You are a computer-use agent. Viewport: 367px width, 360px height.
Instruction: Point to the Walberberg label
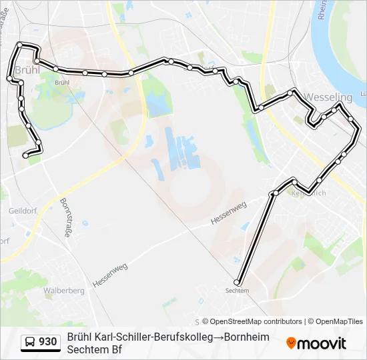click(63, 291)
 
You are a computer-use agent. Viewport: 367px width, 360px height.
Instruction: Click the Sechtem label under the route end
click(237, 291)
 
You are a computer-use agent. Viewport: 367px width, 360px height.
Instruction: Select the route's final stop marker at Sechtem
click(237, 281)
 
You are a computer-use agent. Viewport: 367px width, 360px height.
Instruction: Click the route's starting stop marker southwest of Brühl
click(25, 155)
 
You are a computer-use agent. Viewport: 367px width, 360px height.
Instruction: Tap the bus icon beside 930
click(31, 342)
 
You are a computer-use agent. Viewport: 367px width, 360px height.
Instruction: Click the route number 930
click(48, 342)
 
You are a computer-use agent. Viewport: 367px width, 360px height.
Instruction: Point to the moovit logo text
click(322, 343)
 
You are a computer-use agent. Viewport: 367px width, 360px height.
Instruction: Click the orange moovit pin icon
click(291, 343)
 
